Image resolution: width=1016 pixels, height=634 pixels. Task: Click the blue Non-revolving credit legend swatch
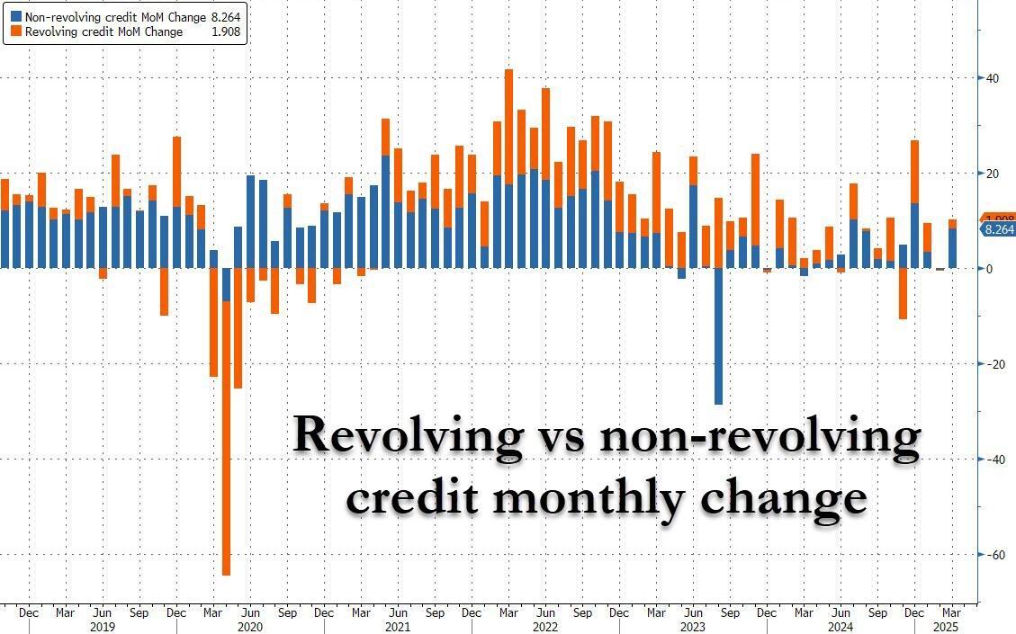tap(17, 15)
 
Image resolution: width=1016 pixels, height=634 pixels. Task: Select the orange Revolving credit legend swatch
tap(17, 31)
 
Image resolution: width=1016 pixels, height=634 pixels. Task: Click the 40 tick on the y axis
tap(992, 78)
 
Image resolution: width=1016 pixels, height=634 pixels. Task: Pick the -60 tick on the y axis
tap(994, 555)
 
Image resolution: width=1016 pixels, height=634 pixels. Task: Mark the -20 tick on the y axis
tap(994, 364)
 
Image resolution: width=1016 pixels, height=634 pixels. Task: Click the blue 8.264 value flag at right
tap(998, 229)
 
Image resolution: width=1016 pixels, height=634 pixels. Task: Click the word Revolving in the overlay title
tap(408, 436)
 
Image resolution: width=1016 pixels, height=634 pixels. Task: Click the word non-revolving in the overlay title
tap(760, 436)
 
